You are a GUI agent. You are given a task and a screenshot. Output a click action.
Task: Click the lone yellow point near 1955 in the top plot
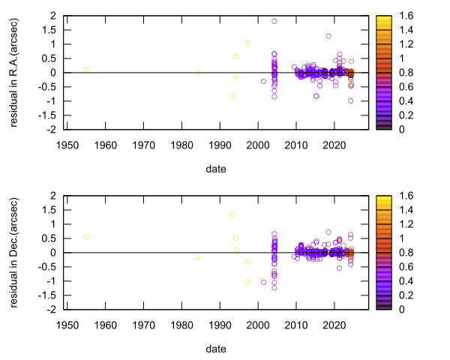86,70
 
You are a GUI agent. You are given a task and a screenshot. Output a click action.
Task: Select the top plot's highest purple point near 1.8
274,21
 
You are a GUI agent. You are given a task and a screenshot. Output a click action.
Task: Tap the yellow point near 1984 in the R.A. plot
198,73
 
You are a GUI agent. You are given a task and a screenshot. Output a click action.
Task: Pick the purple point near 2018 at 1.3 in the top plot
328,36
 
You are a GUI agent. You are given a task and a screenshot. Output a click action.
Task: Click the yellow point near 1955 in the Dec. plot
86,237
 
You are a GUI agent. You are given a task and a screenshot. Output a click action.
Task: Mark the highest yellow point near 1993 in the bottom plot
232,214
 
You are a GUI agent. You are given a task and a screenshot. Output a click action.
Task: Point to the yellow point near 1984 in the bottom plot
198,258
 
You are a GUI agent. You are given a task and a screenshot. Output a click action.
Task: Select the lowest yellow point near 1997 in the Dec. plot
247,282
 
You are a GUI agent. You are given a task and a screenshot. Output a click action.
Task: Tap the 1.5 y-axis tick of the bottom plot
52,210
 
